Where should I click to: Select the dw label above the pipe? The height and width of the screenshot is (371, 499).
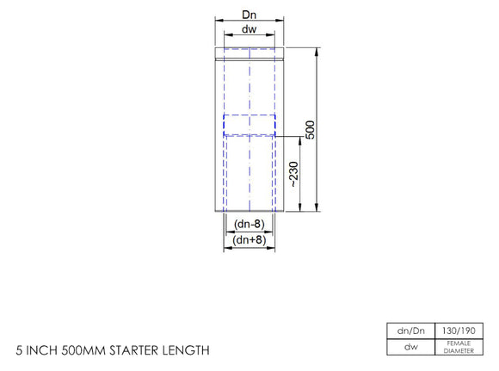pyautogui.click(x=249, y=29)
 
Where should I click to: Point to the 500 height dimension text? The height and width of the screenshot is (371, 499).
pyautogui.click(x=311, y=128)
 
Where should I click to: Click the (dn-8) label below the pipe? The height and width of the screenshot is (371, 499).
pyautogui.click(x=249, y=226)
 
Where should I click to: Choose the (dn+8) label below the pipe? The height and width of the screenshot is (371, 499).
pyautogui.click(x=249, y=240)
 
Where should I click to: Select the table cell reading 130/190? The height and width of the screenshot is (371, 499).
pyautogui.click(x=458, y=331)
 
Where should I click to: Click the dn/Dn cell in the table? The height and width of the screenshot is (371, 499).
pyautogui.click(x=410, y=331)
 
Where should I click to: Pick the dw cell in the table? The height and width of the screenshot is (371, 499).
pyautogui.click(x=410, y=347)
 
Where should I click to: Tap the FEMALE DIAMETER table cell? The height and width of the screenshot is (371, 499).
pyautogui.click(x=458, y=347)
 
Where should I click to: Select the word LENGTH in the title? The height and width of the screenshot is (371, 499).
pyautogui.click(x=187, y=350)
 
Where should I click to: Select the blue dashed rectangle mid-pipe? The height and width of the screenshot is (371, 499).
pyautogui.click(x=249, y=126)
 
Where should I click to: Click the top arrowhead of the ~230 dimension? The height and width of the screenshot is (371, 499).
pyautogui.click(x=300, y=139)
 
